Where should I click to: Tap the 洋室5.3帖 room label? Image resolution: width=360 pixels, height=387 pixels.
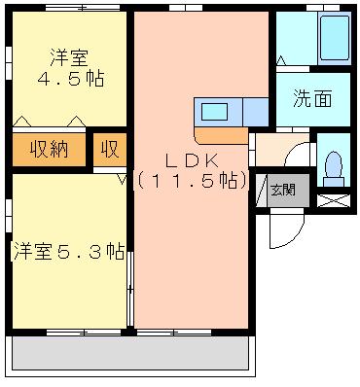coord(68,251)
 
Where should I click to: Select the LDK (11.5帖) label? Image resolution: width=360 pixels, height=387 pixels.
coord(192,171)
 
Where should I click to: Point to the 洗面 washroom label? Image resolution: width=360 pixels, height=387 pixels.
coord(312,98)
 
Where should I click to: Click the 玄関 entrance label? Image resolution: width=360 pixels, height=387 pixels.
coord(283,190)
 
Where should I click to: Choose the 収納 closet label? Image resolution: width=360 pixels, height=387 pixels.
coord(50,149)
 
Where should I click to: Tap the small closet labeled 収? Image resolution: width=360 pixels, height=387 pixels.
coord(110,149)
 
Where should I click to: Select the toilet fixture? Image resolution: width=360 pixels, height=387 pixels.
coord(334,168)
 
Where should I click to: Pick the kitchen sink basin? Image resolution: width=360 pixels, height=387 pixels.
coord(214,112)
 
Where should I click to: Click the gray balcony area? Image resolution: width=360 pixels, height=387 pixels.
coord(129,353)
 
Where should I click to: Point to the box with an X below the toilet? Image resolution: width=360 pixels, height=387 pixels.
coord(334,200)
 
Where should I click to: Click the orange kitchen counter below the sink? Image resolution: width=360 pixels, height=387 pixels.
coord(221,135)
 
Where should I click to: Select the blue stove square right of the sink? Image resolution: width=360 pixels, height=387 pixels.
coord(256,112)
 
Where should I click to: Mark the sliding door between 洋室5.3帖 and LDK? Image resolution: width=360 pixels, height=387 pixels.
coord(130,289)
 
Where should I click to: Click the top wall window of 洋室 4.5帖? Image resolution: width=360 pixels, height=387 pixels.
coord(83,8)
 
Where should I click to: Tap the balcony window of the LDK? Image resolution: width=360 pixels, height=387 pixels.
coord(174,333)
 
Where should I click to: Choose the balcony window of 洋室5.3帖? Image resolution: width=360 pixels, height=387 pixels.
coord(84,333)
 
